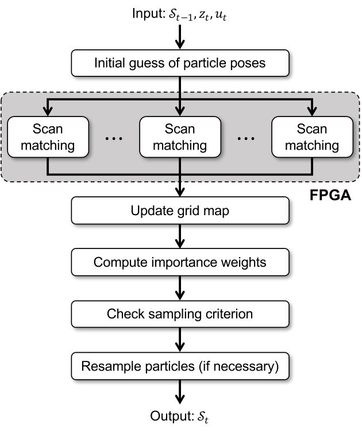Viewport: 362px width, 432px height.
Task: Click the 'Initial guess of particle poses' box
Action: (x=180, y=63)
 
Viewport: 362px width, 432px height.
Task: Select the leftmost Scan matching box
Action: (x=48, y=137)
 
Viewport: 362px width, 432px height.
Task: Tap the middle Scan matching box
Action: (x=180, y=137)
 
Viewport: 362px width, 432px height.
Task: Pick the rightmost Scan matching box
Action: (x=313, y=137)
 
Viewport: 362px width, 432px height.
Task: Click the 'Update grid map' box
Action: (x=180, y=211)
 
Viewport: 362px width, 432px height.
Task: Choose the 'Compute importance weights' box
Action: (x=180, y=262)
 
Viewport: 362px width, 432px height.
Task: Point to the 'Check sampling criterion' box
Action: (x=180, y=314)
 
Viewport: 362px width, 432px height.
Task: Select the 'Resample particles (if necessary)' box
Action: (x=180, y=366)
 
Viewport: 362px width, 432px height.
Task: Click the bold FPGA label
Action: (x=330, y=195)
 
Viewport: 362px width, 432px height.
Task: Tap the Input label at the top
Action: (x=179, y=14)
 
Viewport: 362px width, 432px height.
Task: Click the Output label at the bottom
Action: (x=179, y=416)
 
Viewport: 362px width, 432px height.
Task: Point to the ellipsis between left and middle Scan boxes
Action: (x=114, y=138)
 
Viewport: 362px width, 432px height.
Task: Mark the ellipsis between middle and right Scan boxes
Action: (x=246, y=138)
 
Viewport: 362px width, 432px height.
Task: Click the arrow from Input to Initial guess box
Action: (x=180, y=37)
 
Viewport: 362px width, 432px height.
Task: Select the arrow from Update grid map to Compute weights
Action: (x=180, y=236)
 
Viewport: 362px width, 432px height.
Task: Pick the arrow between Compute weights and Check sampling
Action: (x=180, y=288)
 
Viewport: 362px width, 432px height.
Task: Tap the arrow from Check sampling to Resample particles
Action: (x=180, y=340)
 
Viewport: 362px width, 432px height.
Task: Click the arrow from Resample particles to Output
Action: (x=180, y=392)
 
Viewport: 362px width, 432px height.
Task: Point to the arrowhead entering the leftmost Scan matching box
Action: (x=48, y=111)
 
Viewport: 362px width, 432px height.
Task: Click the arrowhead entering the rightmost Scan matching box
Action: (x=312, y=111)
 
